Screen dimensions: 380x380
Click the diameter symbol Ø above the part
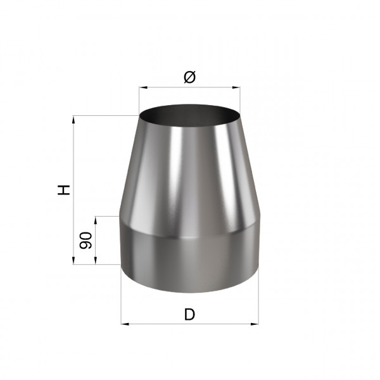pos(189,77)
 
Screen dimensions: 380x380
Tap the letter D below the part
pos(189,314)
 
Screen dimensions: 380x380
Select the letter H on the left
pos(64,190)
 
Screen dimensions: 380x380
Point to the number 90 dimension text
pos(85,241)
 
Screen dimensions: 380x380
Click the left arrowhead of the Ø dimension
pos(143,87)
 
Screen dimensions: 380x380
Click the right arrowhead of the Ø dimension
pos(236,87)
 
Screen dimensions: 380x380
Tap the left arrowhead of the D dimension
pos(125,324)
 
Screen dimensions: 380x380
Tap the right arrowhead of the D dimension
pos(255,324)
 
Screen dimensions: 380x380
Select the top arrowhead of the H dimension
pos(73,120)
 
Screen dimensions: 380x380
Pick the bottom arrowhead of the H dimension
pos(73,260)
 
